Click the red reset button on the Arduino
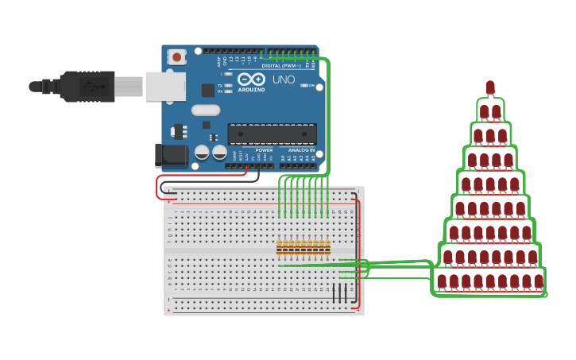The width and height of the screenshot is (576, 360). [x=176, y=56]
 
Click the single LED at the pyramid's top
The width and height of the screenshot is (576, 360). [x=490, y=87]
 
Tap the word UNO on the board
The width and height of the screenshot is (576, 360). [x=284, y=79]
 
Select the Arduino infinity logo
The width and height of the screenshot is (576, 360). [x=250, y=79]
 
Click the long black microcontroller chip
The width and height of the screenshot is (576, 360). [x=272, y=134]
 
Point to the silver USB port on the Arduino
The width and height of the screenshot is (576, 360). [x=164, y=86]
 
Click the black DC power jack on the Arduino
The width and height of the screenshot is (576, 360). [x=172, y=155]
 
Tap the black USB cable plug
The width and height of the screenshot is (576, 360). [x=87, y=86]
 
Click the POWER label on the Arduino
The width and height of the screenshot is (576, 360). [x=265, y=150]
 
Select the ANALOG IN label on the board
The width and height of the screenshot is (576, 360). [x=301, y=150]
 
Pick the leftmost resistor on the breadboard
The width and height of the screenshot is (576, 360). [x=280, y=248]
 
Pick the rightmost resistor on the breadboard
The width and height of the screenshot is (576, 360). [x=327, y=248]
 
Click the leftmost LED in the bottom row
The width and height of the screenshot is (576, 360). [x=442, y=281]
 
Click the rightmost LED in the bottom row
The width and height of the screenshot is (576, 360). [x=539, y=281]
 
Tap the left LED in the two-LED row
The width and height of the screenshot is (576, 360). [x=484, y=111]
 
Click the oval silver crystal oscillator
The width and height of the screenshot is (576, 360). [x=205, y=110]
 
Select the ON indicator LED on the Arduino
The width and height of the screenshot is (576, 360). [x=303, y=85]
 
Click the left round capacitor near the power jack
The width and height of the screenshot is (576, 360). [x=202, y=151]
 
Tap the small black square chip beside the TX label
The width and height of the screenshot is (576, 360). [x=208, y=90]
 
